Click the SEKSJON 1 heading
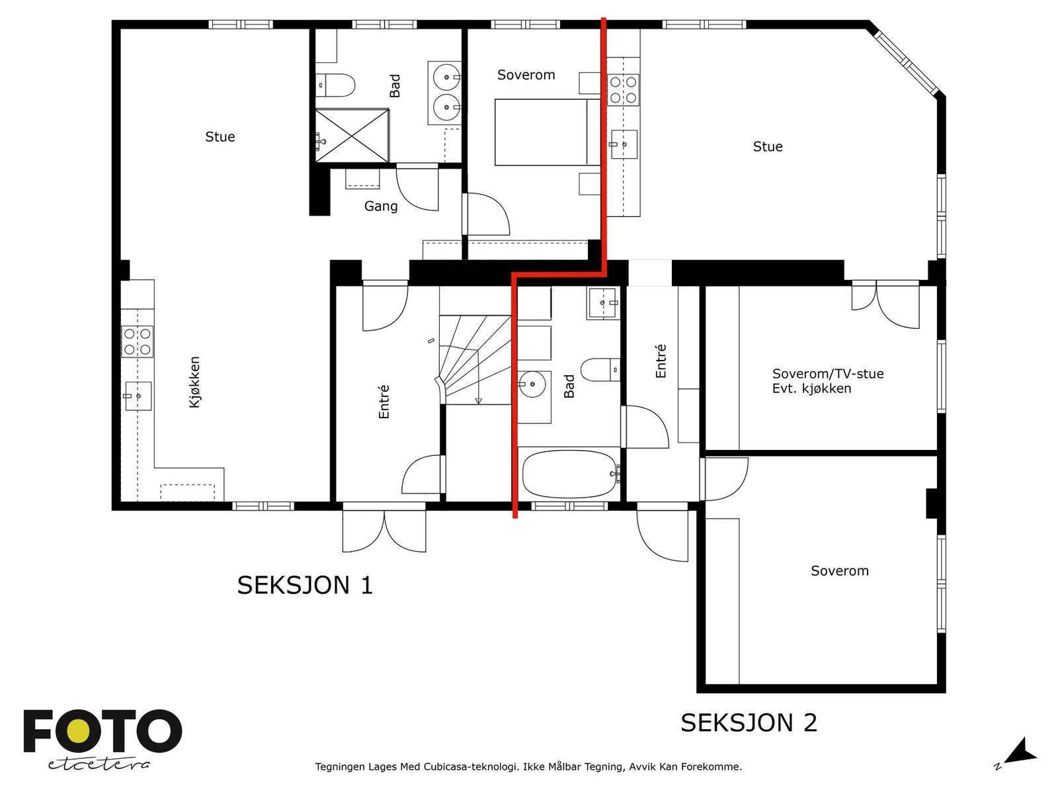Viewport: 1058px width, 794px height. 305,586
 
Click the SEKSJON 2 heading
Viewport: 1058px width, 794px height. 749,723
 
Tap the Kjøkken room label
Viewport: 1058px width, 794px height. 194,382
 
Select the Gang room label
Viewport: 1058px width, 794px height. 381,206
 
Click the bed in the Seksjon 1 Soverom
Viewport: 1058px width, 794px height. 548,132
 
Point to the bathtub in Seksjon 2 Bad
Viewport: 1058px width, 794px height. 569,474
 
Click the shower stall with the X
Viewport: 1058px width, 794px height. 352,136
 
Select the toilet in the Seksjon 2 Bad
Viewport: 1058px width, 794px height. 600,370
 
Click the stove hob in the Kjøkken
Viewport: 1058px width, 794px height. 138,341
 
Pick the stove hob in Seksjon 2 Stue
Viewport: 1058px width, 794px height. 624,90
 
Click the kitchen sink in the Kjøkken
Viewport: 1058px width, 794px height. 138,396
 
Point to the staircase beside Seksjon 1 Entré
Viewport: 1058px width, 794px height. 475,360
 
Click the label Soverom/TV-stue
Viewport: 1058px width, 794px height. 828,374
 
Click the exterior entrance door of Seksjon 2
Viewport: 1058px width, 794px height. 663,532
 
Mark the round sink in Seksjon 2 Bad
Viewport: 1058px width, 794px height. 532,384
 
